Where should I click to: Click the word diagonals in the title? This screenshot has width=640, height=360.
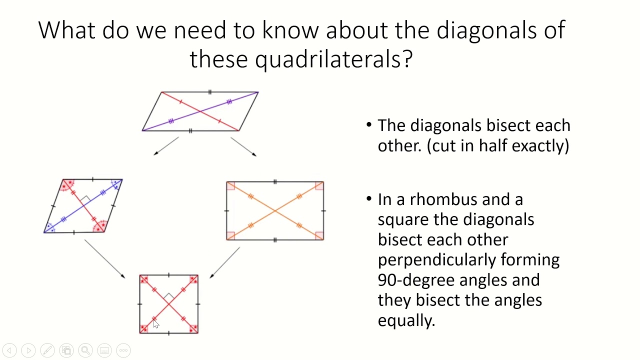481,30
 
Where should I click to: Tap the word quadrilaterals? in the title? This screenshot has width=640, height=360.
333,59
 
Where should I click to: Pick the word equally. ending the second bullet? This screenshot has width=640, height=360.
406,320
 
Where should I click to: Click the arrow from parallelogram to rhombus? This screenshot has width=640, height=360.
166,146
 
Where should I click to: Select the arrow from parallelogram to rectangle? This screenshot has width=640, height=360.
243,146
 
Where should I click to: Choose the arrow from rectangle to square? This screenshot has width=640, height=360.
225,262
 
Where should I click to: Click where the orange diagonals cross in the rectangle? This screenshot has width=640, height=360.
275,211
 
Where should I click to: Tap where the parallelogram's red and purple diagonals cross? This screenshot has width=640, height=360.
200,111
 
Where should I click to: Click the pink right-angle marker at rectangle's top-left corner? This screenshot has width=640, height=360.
230,186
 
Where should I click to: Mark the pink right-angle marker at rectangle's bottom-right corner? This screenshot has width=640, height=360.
319,236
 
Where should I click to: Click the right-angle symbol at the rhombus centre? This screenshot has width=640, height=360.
85,199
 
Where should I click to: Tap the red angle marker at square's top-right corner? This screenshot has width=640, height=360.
193,279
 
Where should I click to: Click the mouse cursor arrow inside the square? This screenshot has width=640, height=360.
155,324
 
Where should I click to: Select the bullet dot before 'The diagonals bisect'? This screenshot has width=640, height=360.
369,125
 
